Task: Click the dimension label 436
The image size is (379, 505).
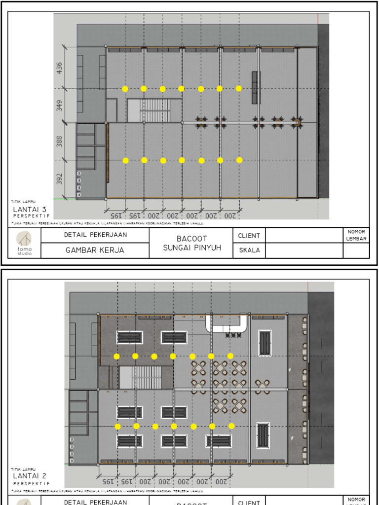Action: click(60, 67)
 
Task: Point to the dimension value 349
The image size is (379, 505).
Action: click(60, 106)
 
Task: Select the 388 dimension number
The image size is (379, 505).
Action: click(60, 142)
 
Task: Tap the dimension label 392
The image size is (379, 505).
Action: click(60, 179)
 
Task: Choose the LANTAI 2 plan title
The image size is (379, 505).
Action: click(30, 476)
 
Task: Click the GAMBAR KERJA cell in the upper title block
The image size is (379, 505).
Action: click(95, 251)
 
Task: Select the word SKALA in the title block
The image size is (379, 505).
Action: click(250, 251)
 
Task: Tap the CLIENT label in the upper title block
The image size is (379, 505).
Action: click(249, 236)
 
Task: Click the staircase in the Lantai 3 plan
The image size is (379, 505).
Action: click(153, 110)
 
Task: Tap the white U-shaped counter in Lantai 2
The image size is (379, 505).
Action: click(227, 324)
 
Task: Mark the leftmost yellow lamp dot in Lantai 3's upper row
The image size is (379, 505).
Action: click(125, 89)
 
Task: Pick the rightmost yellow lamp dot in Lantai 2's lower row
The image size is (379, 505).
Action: click(231, 426)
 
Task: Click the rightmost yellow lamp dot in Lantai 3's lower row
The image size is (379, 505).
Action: click(239, 160)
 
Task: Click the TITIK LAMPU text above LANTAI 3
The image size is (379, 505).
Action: click(23, 202)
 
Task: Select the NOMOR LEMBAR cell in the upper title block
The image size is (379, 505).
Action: click(356, 235)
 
